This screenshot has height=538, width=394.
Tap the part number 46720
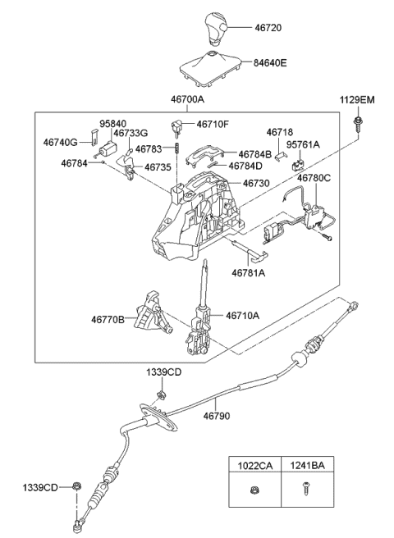(x=268, y=27)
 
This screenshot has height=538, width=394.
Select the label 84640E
(x=270, y=63)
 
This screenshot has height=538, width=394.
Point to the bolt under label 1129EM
(x=358, y=125)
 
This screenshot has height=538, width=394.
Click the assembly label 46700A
(x=187, y=99)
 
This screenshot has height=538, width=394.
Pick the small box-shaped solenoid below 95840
(x=108, y=149)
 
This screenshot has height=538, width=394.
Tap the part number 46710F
(x=213, y=124)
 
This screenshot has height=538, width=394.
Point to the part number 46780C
(x=314, y=178)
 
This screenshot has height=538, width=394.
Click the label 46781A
(x=249, y=273)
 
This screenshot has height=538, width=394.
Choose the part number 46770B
(x=108, y=320)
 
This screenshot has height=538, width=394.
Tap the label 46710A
(x=242, y=315)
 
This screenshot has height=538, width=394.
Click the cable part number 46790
(x=217, y=416)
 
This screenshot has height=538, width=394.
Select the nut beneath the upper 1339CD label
(x=160, y=394)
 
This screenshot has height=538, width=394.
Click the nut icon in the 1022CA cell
(x=254, y=490)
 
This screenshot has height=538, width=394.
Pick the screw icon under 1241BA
(x=305, y=489)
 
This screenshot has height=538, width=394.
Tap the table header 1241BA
(x=307, y=466)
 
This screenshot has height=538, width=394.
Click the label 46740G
(x=61, y=143)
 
